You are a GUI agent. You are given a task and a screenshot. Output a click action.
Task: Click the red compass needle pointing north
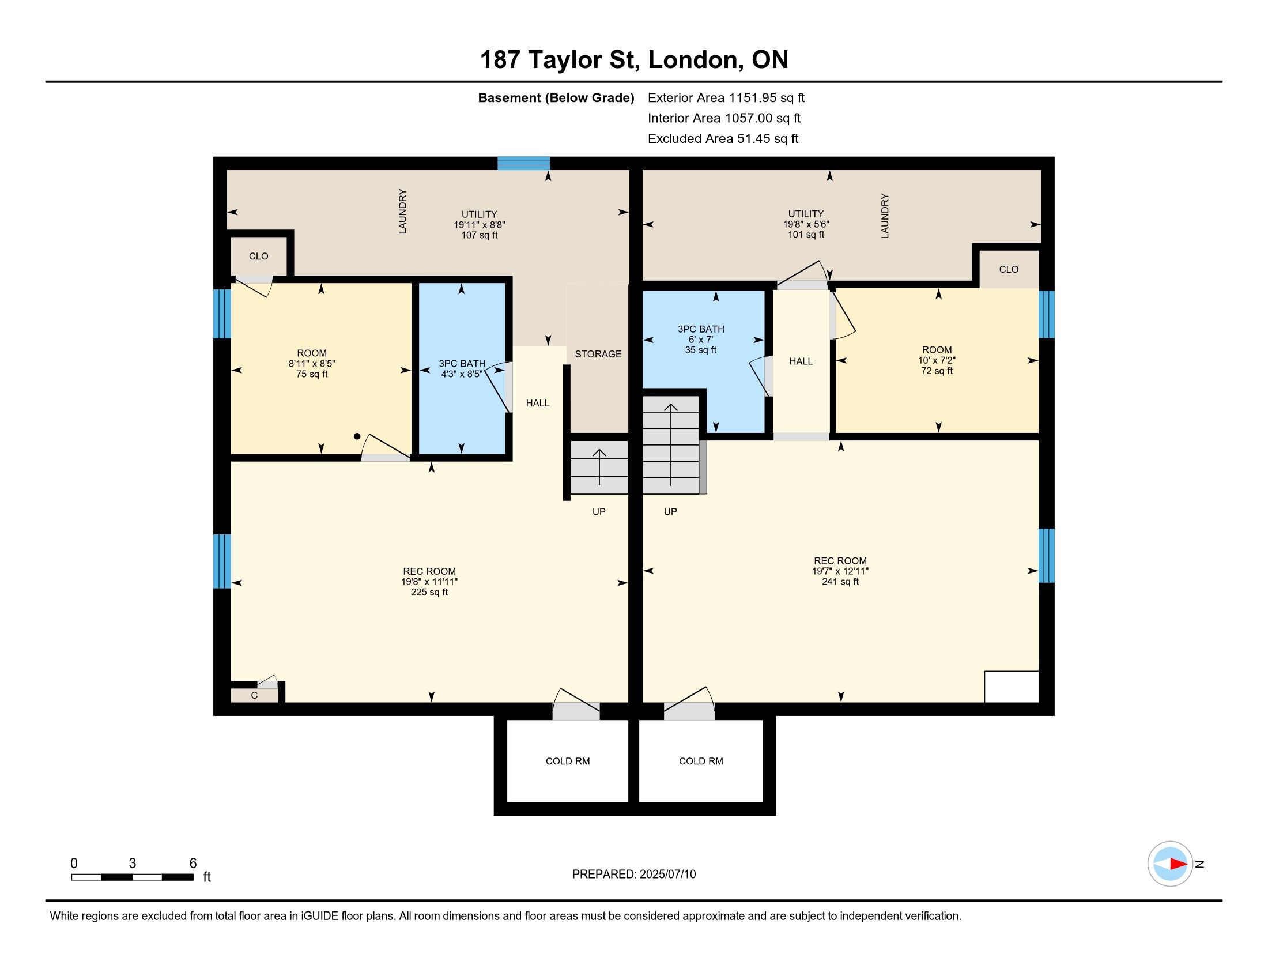tap(1179, 864)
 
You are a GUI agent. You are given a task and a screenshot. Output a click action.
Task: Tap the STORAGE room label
tap(598, 354)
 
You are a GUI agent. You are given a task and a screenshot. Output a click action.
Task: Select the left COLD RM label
tap(568, 761)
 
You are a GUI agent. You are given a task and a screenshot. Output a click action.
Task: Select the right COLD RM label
tap(701, 761)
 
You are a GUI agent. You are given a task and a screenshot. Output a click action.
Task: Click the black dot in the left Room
tap(357, 436)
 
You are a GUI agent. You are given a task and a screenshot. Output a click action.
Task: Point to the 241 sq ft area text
tap(840, 582)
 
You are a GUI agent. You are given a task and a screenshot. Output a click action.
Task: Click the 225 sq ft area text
tap(429, 592)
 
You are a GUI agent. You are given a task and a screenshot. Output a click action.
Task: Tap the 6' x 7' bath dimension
tap(701, 340)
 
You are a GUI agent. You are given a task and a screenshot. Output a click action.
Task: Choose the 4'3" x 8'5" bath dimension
tap(462, 375)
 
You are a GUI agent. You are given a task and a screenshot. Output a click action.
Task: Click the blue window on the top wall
tap(524, 163)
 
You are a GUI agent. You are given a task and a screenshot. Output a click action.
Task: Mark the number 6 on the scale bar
tap(193, 864)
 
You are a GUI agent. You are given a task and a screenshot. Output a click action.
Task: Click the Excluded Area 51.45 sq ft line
tap(723, 139)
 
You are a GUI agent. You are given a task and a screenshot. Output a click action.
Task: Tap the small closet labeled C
tap(254, 695)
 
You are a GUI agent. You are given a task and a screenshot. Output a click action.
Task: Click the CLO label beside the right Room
tap(1009, 269)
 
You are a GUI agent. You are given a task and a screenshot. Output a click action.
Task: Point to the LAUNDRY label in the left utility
tap(402, 212)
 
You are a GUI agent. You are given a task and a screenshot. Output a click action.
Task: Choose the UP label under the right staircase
tap(670, 511)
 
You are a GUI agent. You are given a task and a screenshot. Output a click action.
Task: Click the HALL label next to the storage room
tap(538, 403)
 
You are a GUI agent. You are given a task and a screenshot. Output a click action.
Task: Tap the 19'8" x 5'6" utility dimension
tap(806, 224)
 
